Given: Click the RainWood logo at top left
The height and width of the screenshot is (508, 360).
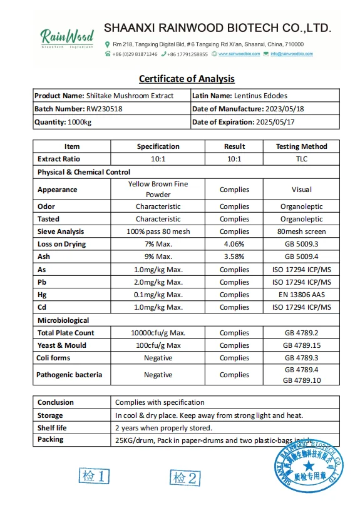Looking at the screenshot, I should click(66, 38).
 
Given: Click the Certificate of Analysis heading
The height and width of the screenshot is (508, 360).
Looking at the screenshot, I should click(187, 79).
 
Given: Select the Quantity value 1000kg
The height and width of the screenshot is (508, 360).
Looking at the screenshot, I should click(80, 122).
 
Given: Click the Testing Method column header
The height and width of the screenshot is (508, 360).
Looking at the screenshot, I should click(301, 146).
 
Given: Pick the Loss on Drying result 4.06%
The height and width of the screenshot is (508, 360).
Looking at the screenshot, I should click(234, 244).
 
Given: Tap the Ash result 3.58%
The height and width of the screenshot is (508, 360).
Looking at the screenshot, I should click(234, 257).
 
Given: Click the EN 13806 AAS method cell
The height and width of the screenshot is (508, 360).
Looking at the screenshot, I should click(301, 295).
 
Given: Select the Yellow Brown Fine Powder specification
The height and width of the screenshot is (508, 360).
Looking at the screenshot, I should click(158, 189).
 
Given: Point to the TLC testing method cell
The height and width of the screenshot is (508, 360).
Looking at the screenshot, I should click(301, 159).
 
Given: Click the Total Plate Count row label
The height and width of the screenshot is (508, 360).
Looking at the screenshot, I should click(66, 333).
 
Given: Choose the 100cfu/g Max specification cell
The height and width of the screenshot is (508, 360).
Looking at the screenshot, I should click(158, 345).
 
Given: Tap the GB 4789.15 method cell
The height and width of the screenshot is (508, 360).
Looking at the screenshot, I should click(301, 345).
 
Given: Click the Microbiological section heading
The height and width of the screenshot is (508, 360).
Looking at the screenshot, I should click(63, 320).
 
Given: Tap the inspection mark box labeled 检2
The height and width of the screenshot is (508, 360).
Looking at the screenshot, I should click(185, 478).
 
